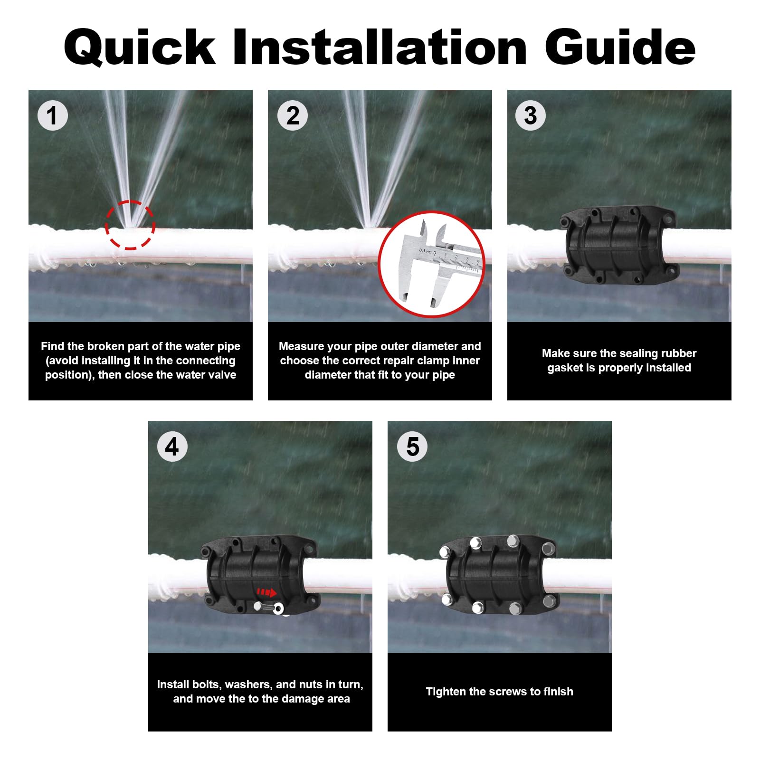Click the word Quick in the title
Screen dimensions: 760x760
pos(140,47)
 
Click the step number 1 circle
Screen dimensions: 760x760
pos(53,115)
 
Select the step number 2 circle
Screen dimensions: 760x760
pos(293,115)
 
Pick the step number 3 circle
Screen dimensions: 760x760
pos(531,115)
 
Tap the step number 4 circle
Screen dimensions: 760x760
pos(172,446)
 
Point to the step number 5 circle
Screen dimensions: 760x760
pos(412,446)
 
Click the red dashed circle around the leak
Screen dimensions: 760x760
pos(130,225)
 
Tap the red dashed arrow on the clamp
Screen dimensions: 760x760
pos(266,592)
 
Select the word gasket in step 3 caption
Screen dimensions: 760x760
pos(564,368)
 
